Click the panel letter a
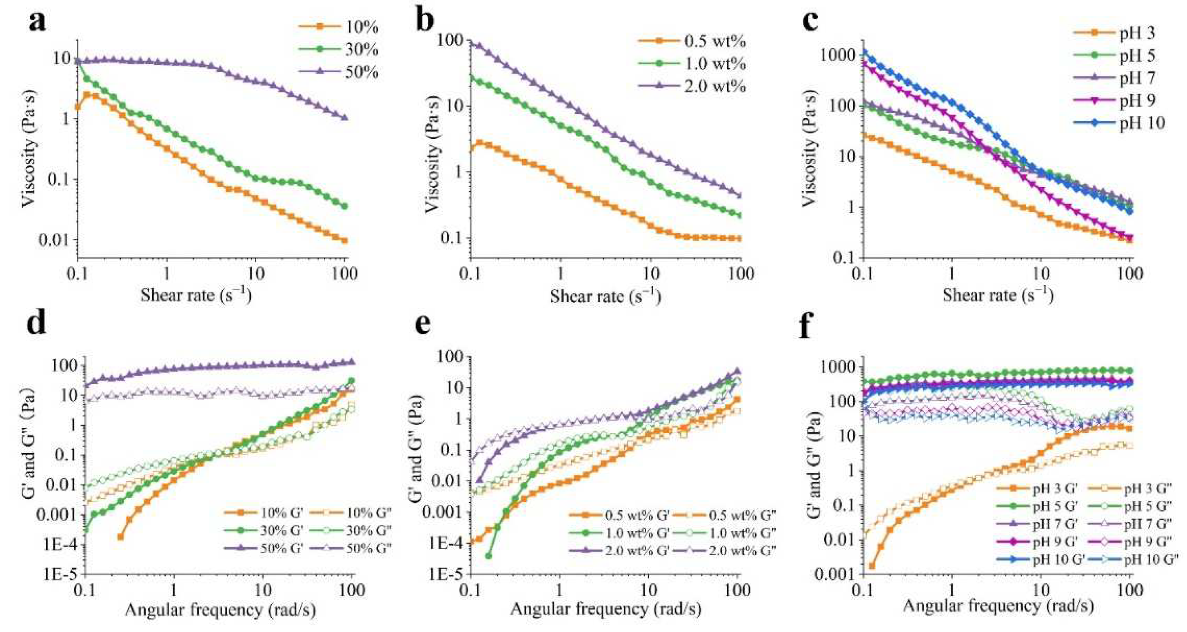[37, 22]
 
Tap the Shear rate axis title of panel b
[605, 296]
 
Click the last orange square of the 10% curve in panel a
[344, 240]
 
